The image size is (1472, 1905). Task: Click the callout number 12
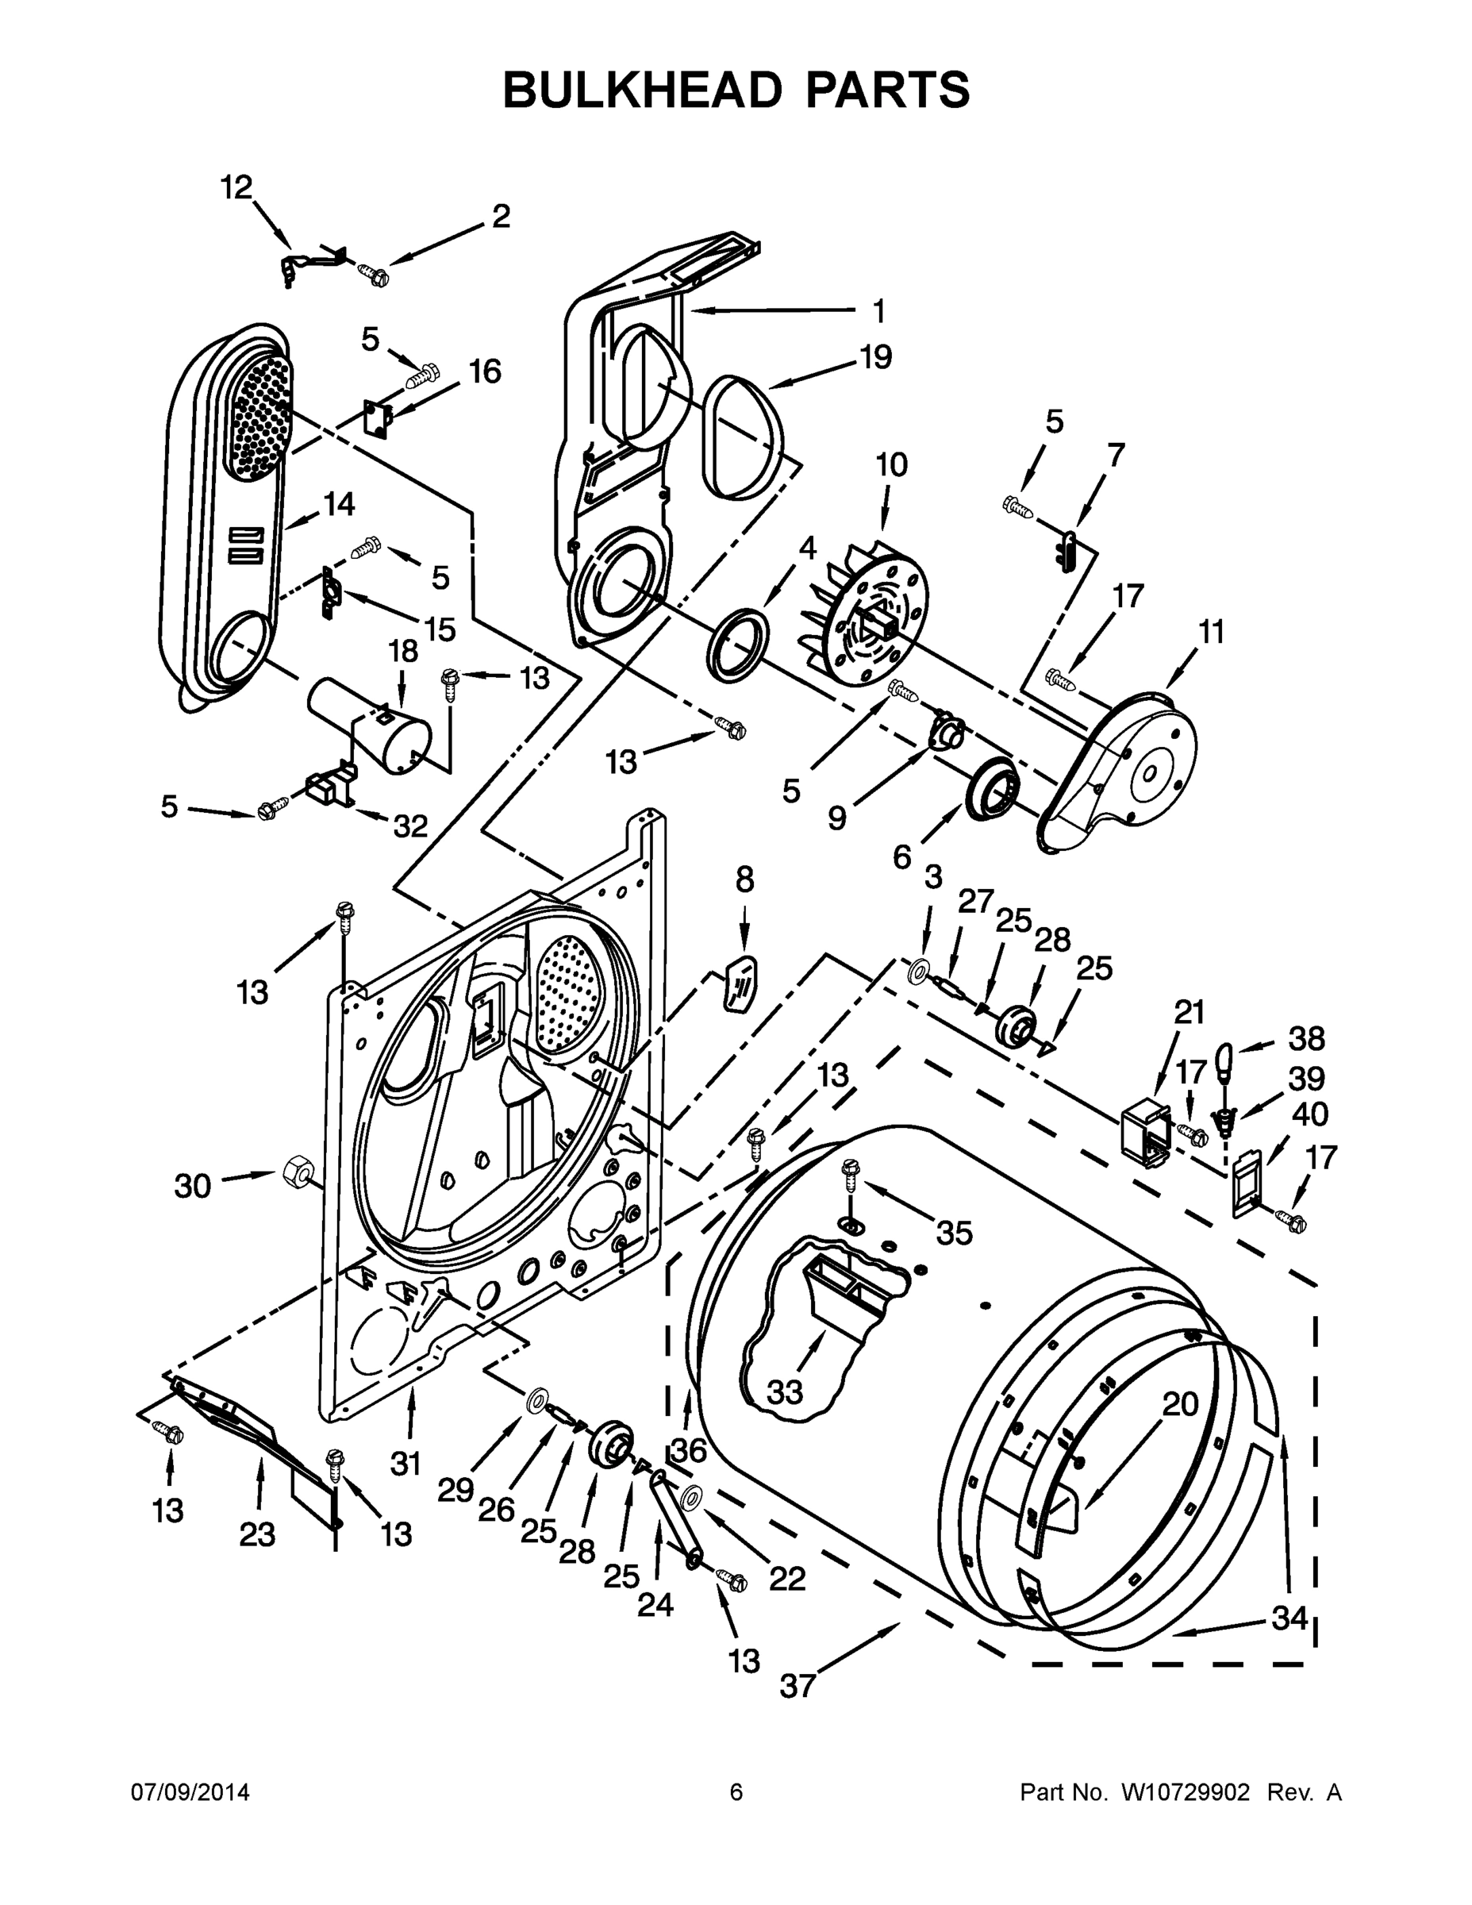pos(236,187)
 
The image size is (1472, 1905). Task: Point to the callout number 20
pos(1180,1403)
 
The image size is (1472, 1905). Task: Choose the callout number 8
pos(744,880)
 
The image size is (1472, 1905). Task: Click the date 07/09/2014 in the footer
pos(190,1791)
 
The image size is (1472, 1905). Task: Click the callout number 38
pos(1305,1038)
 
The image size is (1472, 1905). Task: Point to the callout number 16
pos(485,371)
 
